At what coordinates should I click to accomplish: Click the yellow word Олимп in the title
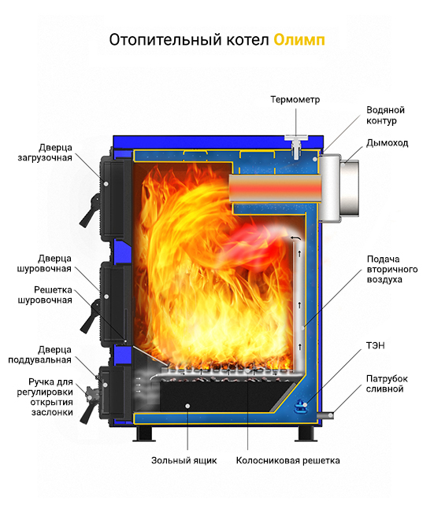(x=299, y=40)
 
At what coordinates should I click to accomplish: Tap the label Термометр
(x=295, y=100)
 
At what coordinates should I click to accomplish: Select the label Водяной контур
(x=385, y=116)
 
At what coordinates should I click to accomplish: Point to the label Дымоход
(x=387, y=143)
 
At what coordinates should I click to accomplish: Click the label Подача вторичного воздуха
(x=392, y=270)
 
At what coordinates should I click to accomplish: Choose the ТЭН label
(x=375, y=345)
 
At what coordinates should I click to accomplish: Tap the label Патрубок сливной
(x=387, y=384)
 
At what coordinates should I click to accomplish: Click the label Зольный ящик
(x=184, y=460)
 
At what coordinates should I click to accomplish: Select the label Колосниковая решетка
(x=287, y=460)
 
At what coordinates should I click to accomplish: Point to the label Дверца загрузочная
(x=45, y=153)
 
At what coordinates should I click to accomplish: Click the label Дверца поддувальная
(x=39, y=355)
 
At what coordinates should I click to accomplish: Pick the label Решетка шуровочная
(x=45, y=295)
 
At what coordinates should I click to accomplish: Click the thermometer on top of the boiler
(x=296, y=146)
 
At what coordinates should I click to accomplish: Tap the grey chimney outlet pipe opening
(x=349, y=188)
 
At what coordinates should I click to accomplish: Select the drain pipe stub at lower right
(x=327, y=415)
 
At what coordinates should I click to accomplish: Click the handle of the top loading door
(x=89, y=211)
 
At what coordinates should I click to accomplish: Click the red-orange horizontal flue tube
(x=276, y=188)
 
